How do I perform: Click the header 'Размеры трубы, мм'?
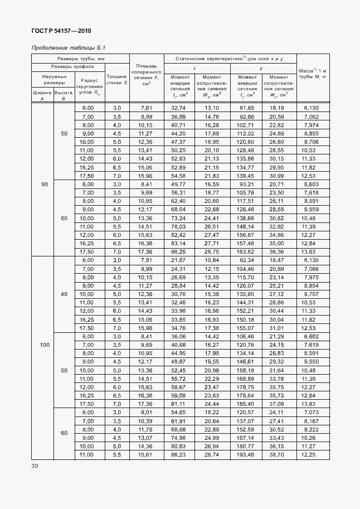[81, 58]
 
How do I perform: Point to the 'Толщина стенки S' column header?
[117, 79]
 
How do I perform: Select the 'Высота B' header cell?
[63, 96]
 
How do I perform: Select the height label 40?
[63, 294]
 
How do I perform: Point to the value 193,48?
[246, 455]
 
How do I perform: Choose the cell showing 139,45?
[246, 175]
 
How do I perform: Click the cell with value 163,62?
[246, 252]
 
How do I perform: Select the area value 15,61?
[146, 455]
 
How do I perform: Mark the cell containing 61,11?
[178, 404]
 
